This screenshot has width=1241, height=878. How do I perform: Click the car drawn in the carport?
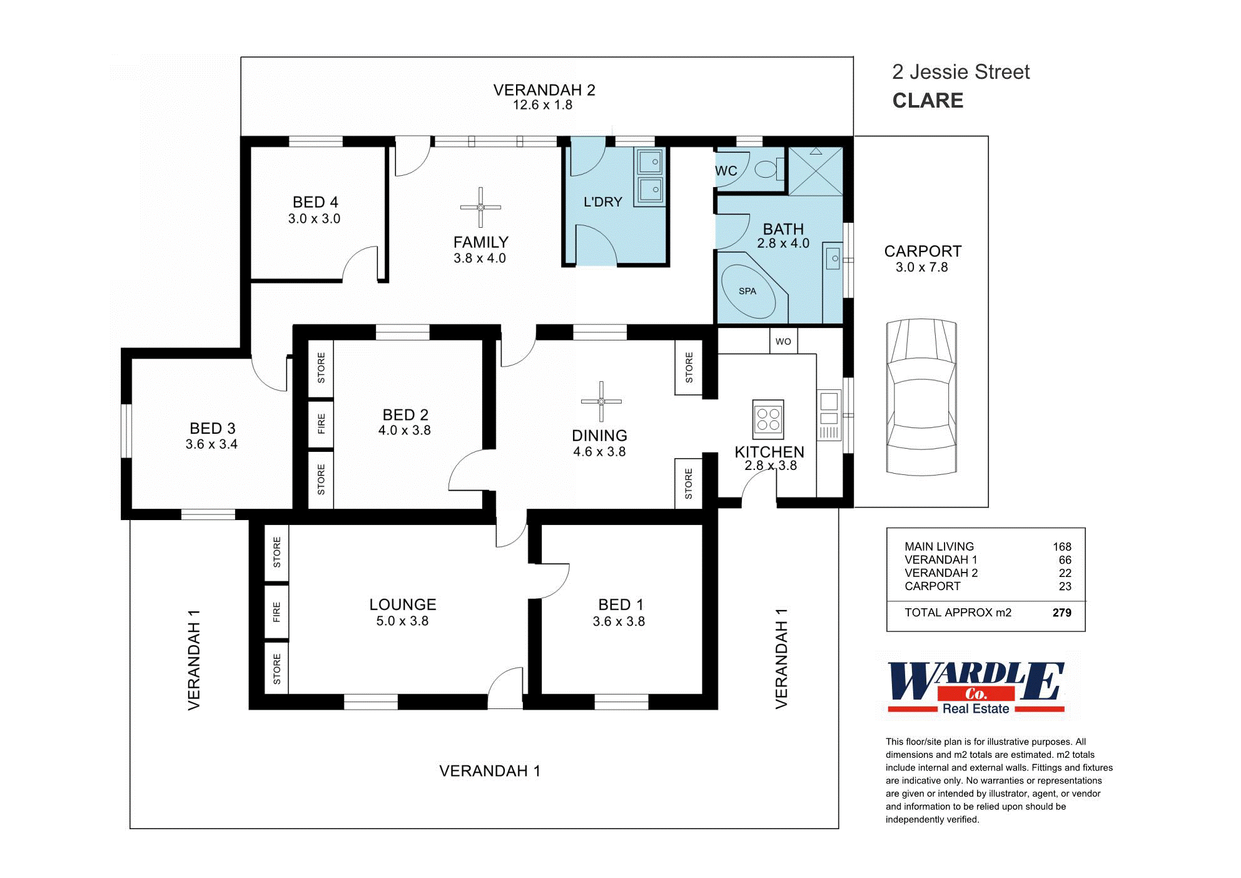[x=921, y=398]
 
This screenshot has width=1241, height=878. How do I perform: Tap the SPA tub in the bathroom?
[x=749, y=292]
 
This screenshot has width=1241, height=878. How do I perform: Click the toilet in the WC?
[x=766, y=169]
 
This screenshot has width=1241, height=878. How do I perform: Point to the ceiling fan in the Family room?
[x=480, y=207]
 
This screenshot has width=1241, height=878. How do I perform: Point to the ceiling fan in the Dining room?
[x=601, y=401]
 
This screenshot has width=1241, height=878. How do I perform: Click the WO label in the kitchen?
[x=783, y=342]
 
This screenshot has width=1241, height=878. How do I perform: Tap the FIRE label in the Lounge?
[x=276, y=612]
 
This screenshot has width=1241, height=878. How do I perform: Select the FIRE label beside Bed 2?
[x=321, y=424]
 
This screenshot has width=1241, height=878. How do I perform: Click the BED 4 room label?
[x=315, y=202]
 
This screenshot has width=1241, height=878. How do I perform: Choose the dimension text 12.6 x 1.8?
[x=542, y=105]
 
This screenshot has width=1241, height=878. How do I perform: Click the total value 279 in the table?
[x=1061, y=613]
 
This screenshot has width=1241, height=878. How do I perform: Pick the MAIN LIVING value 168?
[x=1061, y=546]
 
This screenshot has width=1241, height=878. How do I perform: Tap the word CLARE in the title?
[x=927, y=101]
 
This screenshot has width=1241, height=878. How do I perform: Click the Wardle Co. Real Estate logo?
[x=976, y=688]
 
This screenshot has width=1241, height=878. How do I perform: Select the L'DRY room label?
[x=602, y=202]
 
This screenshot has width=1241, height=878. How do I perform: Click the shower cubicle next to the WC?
[x=815, y=171]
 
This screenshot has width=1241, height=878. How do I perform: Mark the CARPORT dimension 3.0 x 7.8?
[x=921, y=267]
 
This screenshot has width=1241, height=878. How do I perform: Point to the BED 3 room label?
[x=212, y=429]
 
